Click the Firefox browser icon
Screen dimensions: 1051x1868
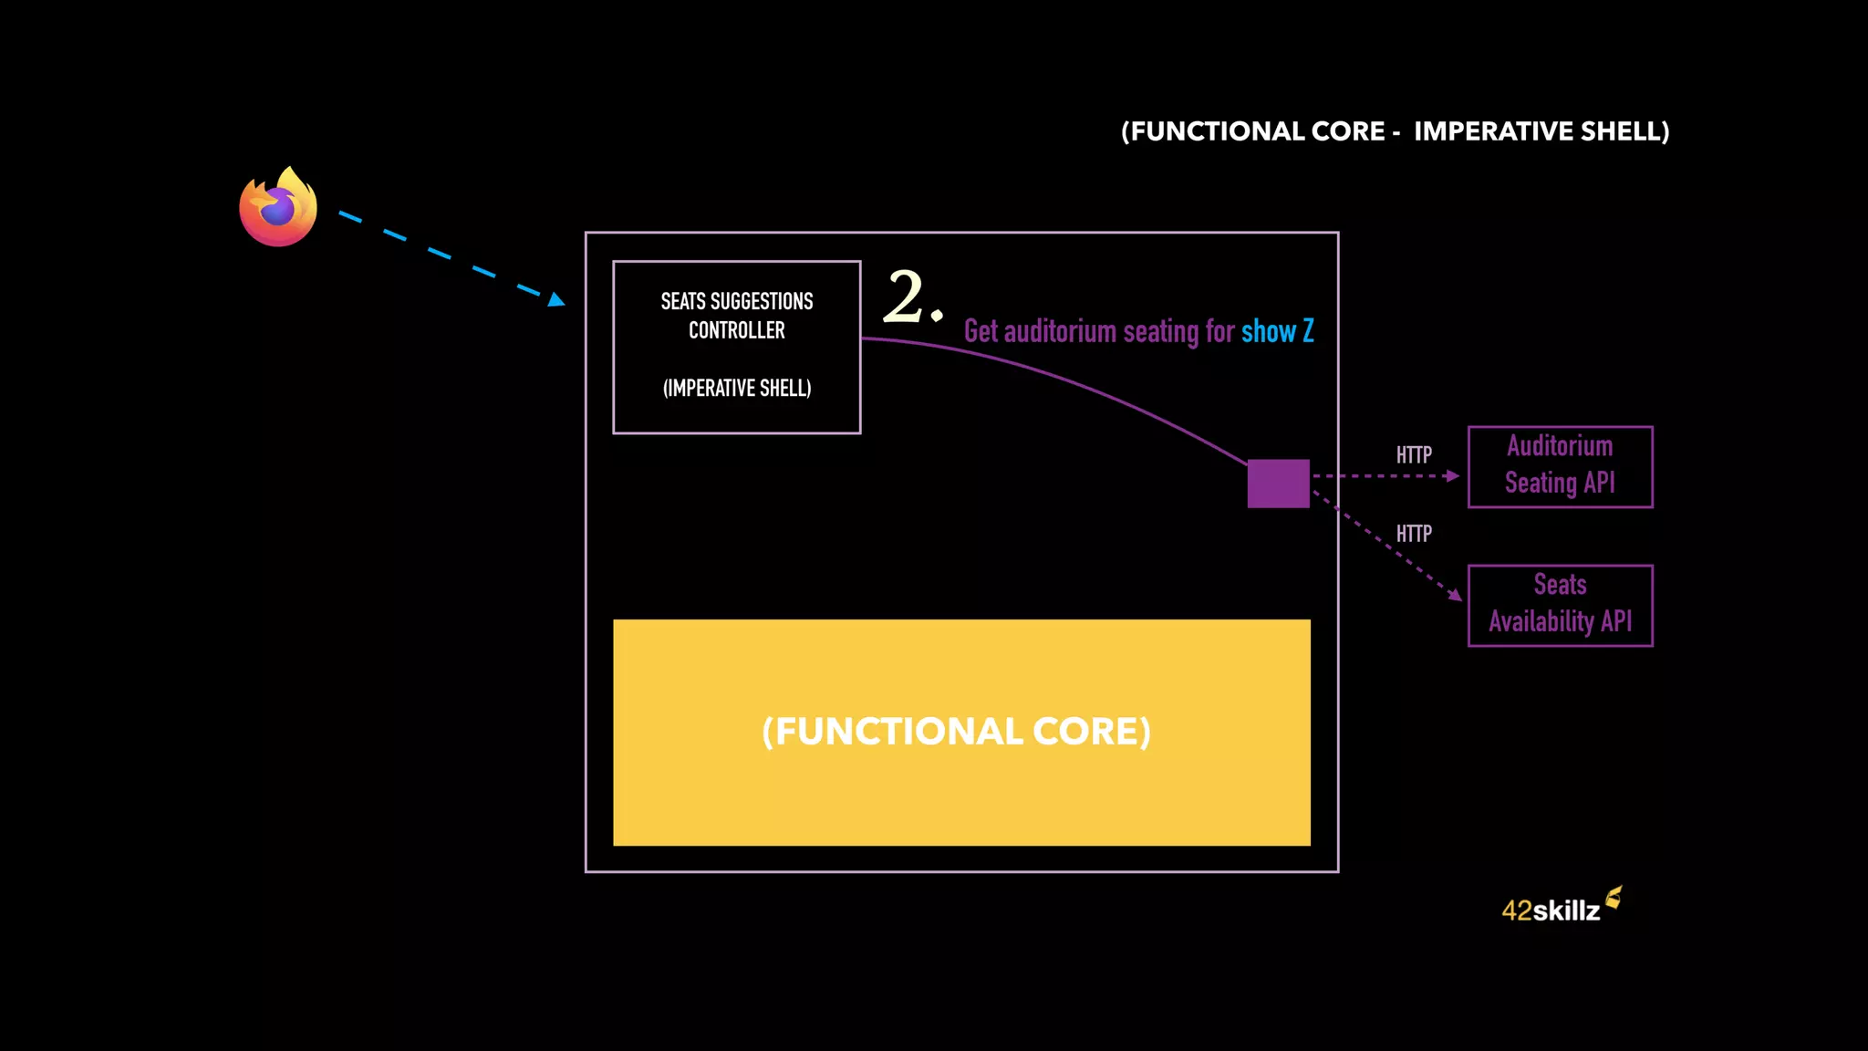click(278, 207)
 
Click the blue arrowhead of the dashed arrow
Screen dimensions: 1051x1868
click(556, 299)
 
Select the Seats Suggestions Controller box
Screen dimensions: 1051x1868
click(736, 347)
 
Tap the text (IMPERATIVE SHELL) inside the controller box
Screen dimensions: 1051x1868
click(737, 389)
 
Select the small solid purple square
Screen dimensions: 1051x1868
click(1278, 484)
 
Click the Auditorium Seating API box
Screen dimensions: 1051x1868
click(1560, 466)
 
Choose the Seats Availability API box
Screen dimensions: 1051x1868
click(1560, 605)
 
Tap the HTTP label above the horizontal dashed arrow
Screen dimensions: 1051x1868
click(1414, 454)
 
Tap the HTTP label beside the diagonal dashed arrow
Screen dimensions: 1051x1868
click(1414, 534)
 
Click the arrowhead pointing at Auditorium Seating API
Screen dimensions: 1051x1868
click(1452, 475)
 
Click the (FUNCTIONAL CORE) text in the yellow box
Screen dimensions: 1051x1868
click(956, 732)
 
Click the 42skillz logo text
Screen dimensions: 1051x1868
click(1551, 911)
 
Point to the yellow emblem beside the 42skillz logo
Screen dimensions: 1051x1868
click(1614, 898)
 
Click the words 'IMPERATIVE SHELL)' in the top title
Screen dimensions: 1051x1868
click(1541, 131)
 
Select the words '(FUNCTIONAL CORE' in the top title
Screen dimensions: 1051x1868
click(1253, 131)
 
